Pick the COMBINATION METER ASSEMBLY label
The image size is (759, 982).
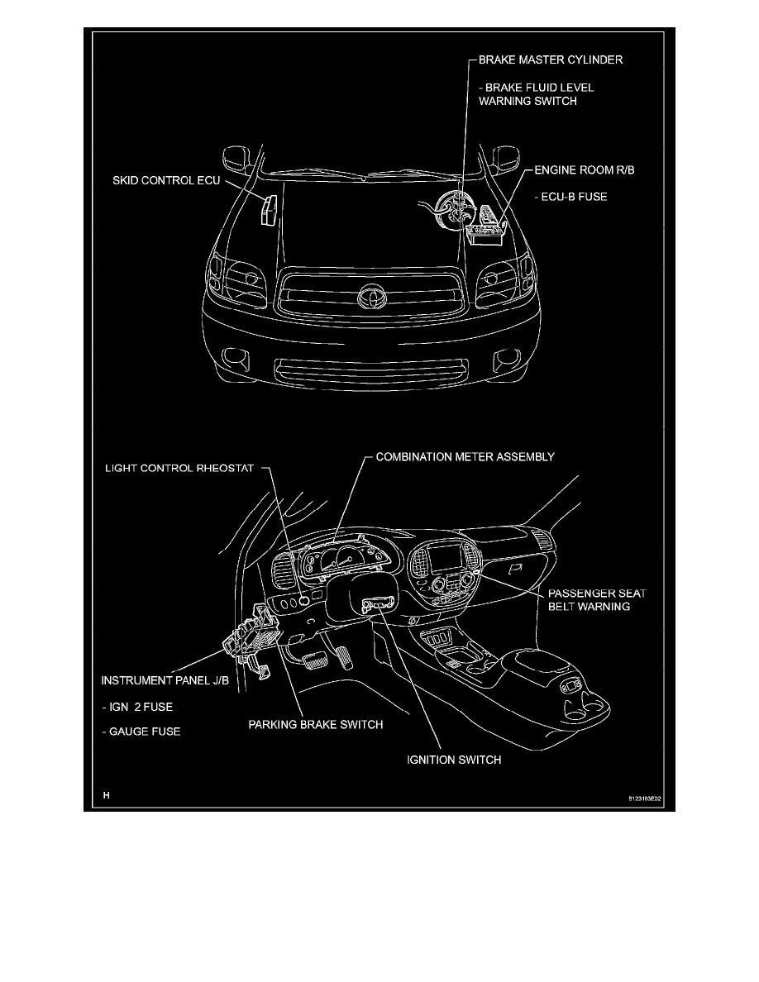click(465, 456)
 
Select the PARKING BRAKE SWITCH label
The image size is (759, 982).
click(317, 725)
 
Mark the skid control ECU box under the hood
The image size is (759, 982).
click(266, 210)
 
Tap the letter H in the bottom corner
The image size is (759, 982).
click(106, 795)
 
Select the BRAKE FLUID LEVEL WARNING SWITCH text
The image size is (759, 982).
click(536, 94)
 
